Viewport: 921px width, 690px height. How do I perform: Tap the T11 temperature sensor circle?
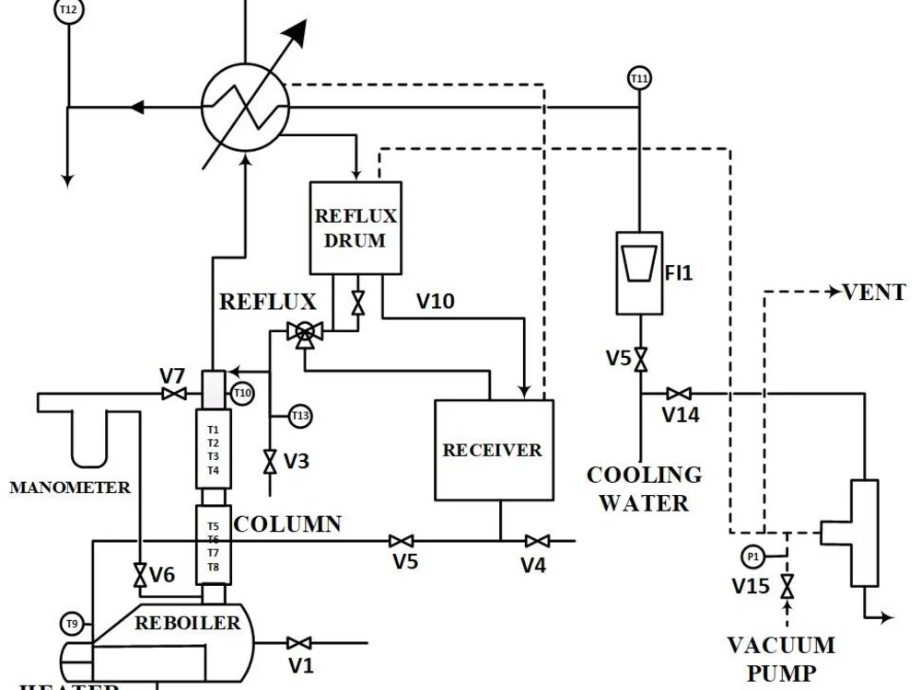click(x=639, y=79)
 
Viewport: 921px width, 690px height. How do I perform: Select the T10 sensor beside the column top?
click(x=242, y=393)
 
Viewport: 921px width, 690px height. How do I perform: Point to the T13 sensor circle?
click(x=300, y=416)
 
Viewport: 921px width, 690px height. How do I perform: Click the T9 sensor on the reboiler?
click(x=73, y=624)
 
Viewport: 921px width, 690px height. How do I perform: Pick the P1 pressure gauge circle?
click(x=752, y=557)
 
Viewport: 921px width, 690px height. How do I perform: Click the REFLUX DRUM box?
click(x=356, y=228)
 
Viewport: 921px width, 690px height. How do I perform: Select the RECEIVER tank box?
click(x=493, y=450)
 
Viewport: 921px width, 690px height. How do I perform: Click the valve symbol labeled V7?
click(x=172, y=394)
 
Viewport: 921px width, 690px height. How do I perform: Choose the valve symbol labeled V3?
click(x=270, y=461)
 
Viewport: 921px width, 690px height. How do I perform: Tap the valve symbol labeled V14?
click(x=680, y=394)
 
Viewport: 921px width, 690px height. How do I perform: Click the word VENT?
click(x=874, y=293)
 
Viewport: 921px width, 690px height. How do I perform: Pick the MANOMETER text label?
click(x=70, y=487)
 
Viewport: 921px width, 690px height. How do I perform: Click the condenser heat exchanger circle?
click(x=246, y=106)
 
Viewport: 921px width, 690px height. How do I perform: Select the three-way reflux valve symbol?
click(x=303, y=334)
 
